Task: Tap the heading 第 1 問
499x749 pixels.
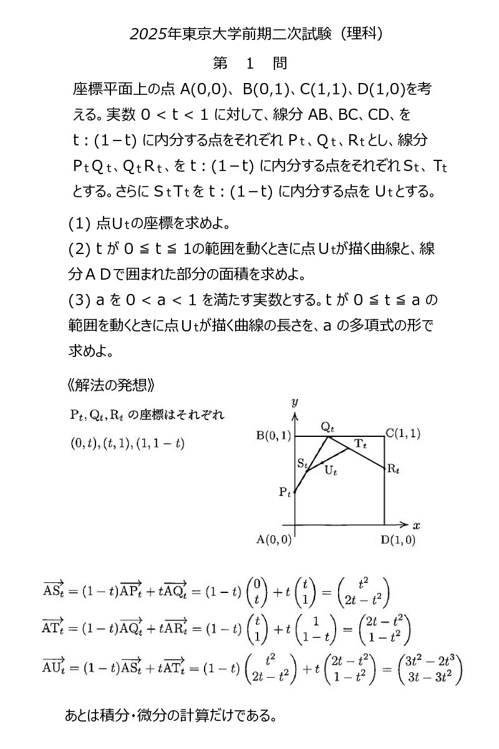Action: (249, 63)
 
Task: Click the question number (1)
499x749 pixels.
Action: (80, 223)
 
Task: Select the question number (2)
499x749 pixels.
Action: (80, 249)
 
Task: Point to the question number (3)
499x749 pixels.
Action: (80, 300)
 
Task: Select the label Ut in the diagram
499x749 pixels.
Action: (331, 471)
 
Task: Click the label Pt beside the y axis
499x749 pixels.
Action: (284, 492)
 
